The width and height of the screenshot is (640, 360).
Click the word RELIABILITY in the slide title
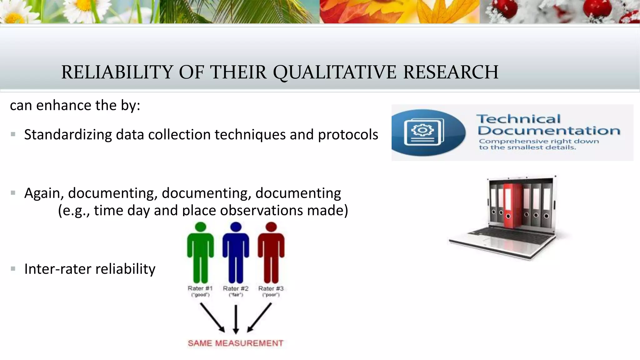click(x=117, y=72)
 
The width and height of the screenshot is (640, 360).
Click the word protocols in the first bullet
click(x=348, y=135)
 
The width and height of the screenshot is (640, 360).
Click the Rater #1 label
click(x=200, y=288)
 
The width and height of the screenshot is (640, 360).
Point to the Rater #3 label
click(x=271, y=288)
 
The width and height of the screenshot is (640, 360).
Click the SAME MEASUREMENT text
click(x=236, y=343)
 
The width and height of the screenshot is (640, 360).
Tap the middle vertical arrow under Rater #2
click(x=236, y=319)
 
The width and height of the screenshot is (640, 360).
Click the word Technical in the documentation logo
click(x=518, y=119)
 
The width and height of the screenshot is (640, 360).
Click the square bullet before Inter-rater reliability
click(x=13, y=269)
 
